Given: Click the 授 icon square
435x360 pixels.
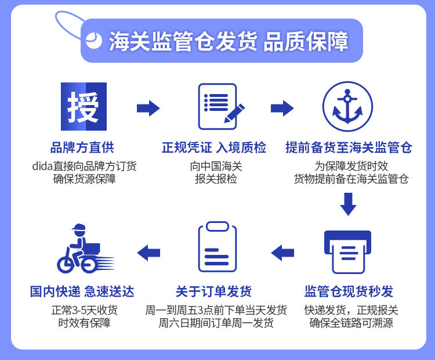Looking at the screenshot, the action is coord(84,106).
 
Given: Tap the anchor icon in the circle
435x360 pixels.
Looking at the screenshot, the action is coord(347,106).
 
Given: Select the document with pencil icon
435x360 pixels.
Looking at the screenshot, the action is coord(220,107).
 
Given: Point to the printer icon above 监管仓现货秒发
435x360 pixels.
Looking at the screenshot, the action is coord(347,251).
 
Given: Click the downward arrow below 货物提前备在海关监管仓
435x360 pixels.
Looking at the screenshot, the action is coord(348,204).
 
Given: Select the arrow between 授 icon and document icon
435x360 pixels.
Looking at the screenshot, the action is coord(148,108).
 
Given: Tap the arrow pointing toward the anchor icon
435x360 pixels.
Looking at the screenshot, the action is coord(282,108).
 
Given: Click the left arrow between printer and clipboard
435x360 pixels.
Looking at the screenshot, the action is coord(282,252).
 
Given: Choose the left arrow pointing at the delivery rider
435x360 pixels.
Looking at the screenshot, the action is coord(148,252).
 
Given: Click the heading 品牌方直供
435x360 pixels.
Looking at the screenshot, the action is coord(82,147).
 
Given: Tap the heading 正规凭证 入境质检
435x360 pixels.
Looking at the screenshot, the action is coord(214,147).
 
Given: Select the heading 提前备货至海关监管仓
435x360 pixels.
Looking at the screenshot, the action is coord(349,147).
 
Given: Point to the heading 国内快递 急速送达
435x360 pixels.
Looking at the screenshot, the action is coord(82,291).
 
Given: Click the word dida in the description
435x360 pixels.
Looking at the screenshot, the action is coord(43,166).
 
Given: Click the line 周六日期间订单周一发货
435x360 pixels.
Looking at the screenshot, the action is coord(216,323).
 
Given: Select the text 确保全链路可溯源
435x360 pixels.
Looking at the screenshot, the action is coord(351,323).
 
